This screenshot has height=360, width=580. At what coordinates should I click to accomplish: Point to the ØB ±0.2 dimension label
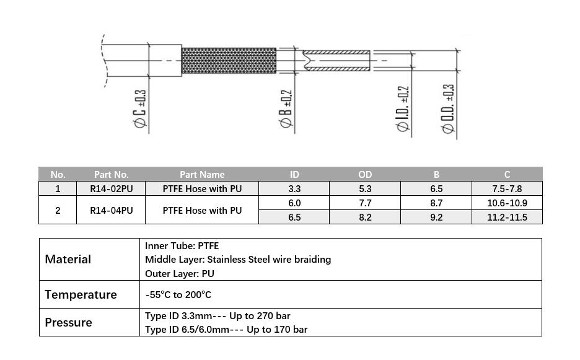286,109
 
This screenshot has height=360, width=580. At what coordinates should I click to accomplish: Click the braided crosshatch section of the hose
229,60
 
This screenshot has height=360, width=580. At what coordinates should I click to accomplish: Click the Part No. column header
111,174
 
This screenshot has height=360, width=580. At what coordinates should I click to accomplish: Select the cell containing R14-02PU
111,188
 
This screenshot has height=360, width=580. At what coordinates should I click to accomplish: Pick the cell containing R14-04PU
111,210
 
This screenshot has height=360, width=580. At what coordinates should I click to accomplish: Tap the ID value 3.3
294,188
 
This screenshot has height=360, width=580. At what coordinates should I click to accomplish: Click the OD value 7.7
365,203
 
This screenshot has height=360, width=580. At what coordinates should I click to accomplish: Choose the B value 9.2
436,217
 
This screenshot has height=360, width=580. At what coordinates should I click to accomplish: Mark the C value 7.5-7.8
507,188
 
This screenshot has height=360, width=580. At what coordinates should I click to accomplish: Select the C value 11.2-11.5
507,217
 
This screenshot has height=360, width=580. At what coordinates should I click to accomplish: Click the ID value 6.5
294,217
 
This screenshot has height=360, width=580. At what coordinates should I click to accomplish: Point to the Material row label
68,259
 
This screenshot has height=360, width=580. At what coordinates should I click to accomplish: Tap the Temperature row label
81,294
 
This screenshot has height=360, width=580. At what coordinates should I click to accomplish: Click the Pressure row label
68,322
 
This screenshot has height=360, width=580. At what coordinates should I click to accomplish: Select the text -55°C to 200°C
178,295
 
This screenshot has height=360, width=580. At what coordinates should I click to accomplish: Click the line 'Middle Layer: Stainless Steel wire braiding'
238,259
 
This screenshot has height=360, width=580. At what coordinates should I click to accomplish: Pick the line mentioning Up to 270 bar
217,315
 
